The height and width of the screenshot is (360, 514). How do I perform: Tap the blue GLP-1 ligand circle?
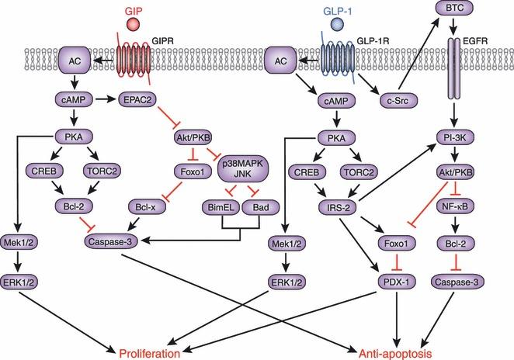[x=337, y=26]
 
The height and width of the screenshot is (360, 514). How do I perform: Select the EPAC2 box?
[x=138, y=99]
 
